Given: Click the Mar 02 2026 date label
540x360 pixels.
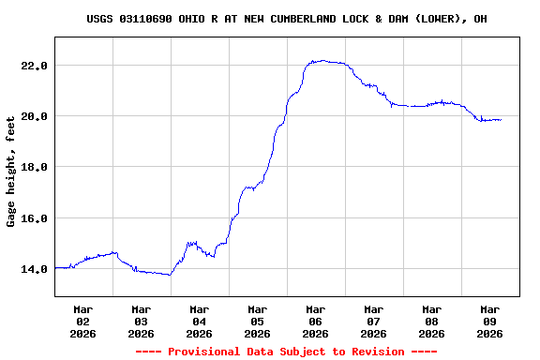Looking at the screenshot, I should [x=82, y=321].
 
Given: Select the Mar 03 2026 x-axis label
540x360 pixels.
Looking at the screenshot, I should [x=141, y=321].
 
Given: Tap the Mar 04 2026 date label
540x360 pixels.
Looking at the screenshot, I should [x=199, y=321].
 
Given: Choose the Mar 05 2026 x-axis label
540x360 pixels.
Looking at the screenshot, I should [x=257, y=321].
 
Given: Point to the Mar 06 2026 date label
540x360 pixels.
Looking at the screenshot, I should [x=315, y=321].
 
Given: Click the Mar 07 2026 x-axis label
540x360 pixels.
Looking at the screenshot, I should [x=373, y=321].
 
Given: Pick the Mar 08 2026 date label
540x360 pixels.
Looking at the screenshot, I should [x=431, y=321].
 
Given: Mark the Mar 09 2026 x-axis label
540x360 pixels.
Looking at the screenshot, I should [x=489, y=321].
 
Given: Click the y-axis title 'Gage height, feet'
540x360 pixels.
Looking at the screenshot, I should [x=11, y=172].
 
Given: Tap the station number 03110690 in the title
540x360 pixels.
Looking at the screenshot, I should [x=145, y=19].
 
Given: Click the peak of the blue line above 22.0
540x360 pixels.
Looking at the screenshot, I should [x=322, y=61].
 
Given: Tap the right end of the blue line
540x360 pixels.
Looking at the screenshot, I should [x=501, y=120].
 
